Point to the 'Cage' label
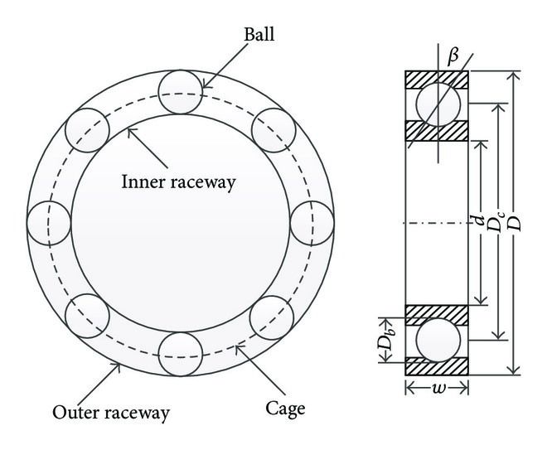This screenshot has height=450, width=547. [x=287, y=407]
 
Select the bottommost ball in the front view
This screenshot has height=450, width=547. [x=180, y=355]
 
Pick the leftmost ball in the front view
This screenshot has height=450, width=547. [x=48, y=223]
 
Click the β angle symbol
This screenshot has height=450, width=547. [x=452, y=57]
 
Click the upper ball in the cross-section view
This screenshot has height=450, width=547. [x=437, y=105]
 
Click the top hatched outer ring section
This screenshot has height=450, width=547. [x=437, y=80]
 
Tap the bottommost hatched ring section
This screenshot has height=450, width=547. [x=437, y=365]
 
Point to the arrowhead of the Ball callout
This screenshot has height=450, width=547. [x=201, y=86]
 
